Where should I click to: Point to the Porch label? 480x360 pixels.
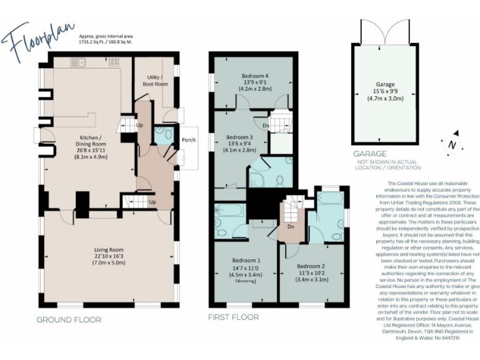188,140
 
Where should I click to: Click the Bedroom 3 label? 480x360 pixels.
239,137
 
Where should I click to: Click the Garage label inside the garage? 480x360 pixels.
384,82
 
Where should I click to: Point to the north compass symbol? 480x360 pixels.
451,143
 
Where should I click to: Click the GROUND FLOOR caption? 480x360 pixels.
68,319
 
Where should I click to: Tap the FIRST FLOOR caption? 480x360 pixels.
233,317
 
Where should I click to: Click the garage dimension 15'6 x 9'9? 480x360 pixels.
384,91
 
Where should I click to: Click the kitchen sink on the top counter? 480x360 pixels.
77,62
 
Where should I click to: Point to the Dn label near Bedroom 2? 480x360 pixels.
291,226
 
